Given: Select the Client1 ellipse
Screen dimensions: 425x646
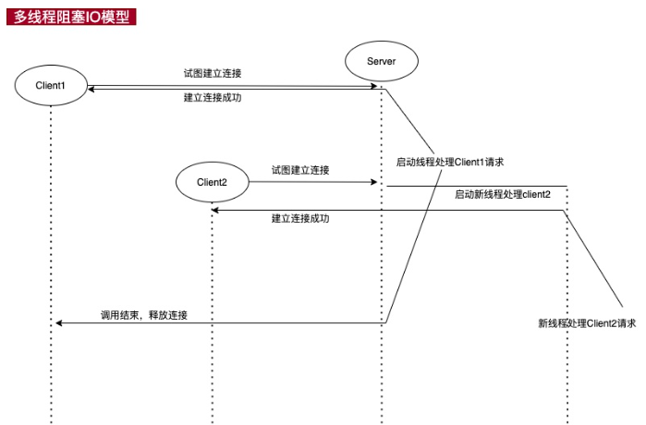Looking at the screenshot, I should click(51, 86).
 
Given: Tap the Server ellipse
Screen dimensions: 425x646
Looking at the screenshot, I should click(382, 61).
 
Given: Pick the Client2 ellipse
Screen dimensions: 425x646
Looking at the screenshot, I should click(213, 182).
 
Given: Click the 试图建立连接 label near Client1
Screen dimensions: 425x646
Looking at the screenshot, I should click(213, 73).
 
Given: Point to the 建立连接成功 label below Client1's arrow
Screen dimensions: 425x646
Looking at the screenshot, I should click(213, 97).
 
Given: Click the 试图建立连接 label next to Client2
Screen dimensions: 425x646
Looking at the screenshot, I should click(300, 170).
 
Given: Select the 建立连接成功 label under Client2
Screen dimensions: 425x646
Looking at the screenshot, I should click(300, 219).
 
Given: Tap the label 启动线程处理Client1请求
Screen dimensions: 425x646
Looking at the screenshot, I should click(449, 162).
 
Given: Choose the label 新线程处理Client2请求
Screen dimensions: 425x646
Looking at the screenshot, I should click(587, 323).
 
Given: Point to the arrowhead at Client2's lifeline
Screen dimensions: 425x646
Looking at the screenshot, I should click(216, 211).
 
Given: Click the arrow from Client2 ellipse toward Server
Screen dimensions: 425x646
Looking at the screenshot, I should click(314, 182).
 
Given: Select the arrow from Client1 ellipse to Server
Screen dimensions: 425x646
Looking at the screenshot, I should click(231, 86).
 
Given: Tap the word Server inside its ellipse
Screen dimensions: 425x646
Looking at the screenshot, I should click(382, 61).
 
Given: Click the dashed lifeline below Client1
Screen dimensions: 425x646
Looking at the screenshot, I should click(51, 231).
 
